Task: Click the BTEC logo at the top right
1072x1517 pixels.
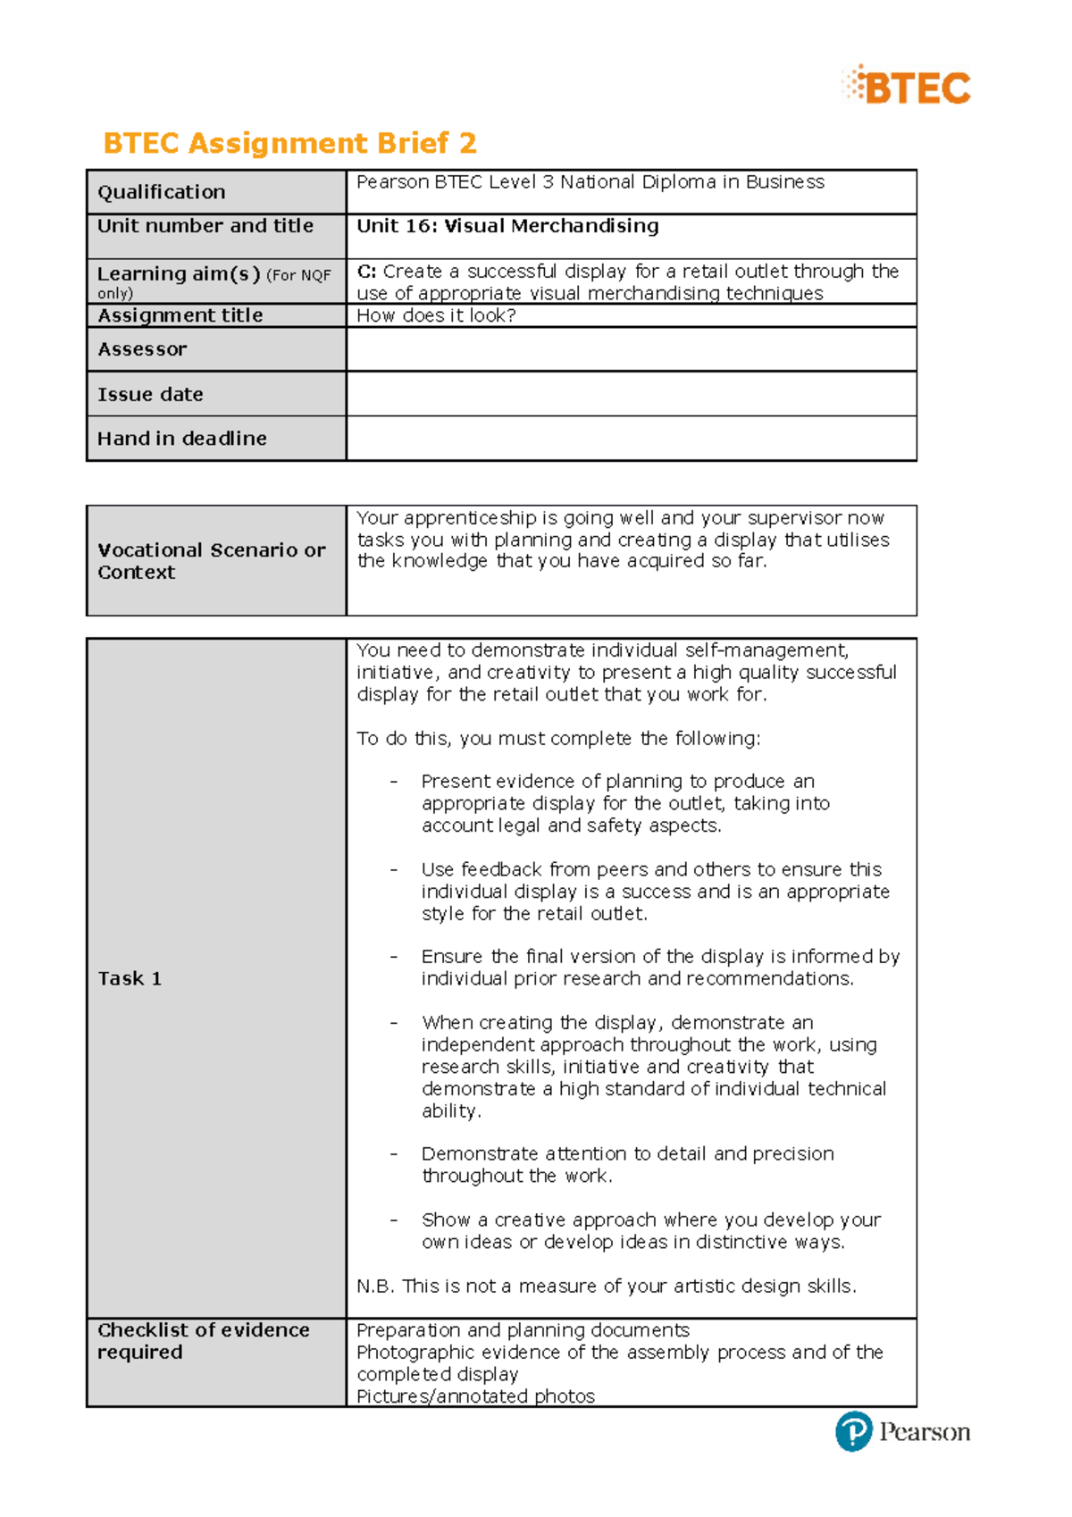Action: pos(906,87)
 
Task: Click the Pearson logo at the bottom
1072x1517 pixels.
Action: pos(902,1431)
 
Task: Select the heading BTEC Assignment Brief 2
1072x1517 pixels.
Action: pos(289,143)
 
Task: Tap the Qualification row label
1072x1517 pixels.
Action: pos(162,192)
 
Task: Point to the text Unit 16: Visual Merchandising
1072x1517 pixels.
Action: pos(507,226)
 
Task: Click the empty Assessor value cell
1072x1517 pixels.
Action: pos(631,349)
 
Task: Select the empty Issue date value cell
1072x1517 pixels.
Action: pos(631,394)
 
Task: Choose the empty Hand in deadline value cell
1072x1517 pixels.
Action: pos(631,439)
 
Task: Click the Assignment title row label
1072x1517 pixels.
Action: pos(180,315)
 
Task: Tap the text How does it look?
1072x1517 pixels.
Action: pos(436,315)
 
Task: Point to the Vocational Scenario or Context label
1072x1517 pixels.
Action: pos(211,561)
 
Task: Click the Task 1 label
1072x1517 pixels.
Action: pos(130,978)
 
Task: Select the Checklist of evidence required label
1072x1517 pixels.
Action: pos(203,1341)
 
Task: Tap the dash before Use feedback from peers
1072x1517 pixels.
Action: pos(393,870)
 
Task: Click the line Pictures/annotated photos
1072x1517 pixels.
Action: pos(475,1396)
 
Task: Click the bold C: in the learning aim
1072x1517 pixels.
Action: pos(366,272)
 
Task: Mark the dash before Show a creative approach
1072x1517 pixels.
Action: pos(393,1220)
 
